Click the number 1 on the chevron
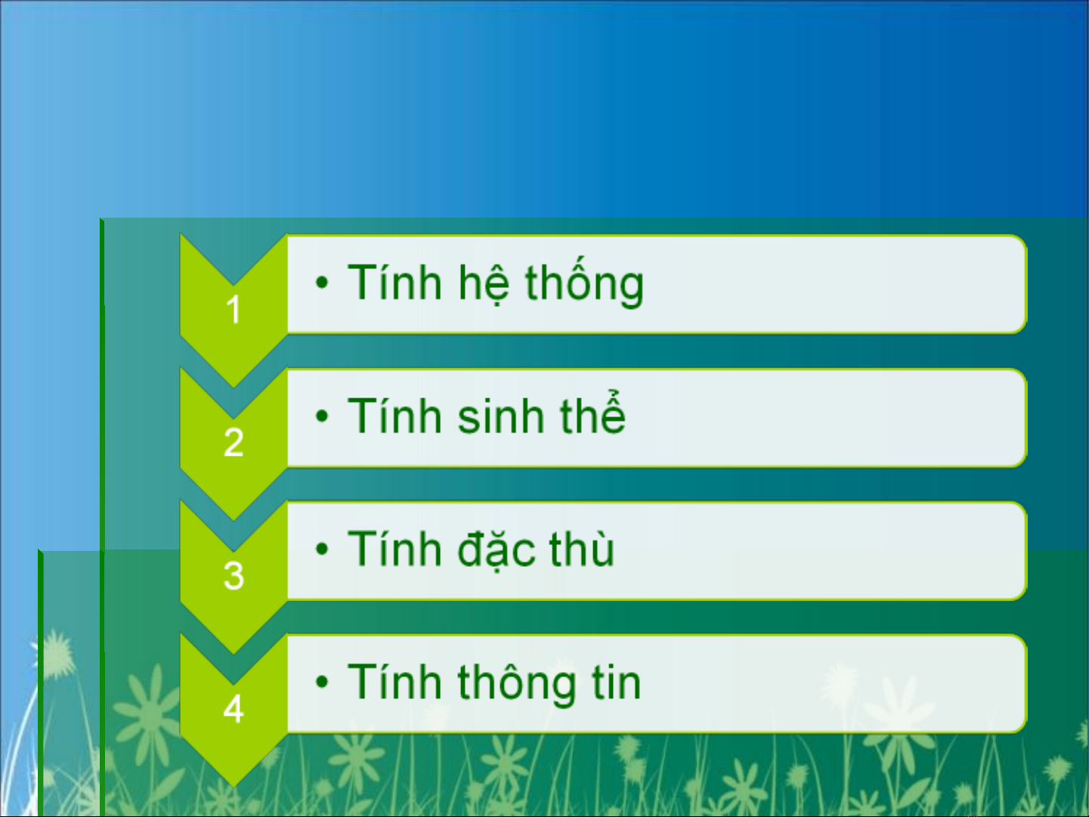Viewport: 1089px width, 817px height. (x=234, y=310)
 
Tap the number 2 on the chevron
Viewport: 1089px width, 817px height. (x=234, y=442)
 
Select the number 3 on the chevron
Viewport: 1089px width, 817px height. (x=234, y=575)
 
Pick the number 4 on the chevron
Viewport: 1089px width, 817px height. (x=234, y=708)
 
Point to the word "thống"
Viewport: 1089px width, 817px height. (x=584, y=280)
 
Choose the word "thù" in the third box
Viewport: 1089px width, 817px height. (x=582, y=548)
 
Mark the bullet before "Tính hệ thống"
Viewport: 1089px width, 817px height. (x=322, y=282)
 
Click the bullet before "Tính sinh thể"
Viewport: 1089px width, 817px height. (x=322, y=416)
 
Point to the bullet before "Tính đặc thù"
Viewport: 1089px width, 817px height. (x=322, y=549)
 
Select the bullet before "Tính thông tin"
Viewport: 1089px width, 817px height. (x=322, y=682)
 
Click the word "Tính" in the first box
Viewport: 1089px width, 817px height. (x=394, y=281)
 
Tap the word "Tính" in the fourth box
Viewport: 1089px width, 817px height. (x=394, y=681)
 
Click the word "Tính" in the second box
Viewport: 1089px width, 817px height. (x=394, y=415)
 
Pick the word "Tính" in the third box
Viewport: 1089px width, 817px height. (x=394, y=548)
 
